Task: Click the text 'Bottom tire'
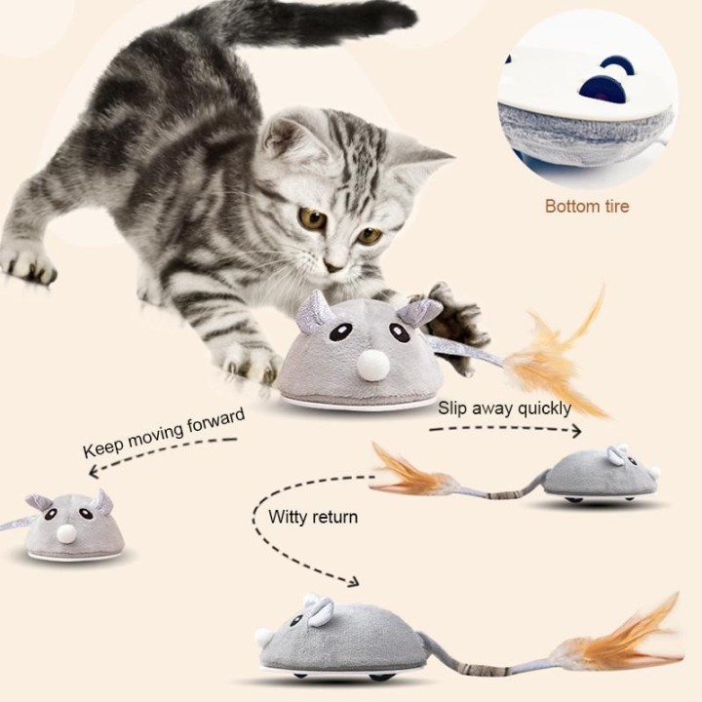tap(586, 206)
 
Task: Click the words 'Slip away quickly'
tap(504, 408)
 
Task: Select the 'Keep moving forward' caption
tap(163, 432)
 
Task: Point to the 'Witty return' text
tap(313, 517)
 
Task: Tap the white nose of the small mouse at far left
tap(65, 533)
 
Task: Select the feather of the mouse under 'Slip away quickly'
tap(409, 473)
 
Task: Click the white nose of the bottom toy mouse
tap(264, 638)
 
